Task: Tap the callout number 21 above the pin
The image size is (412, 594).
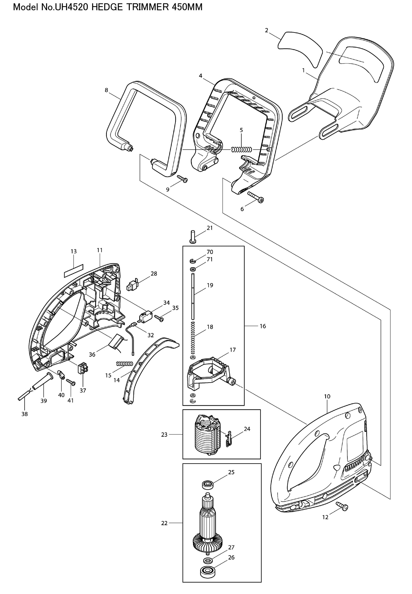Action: pos(210,228)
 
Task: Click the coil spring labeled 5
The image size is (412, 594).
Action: pos(241,150)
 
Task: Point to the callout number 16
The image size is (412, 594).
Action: pos(263,326)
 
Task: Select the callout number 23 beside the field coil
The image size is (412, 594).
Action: pos(164,435)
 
